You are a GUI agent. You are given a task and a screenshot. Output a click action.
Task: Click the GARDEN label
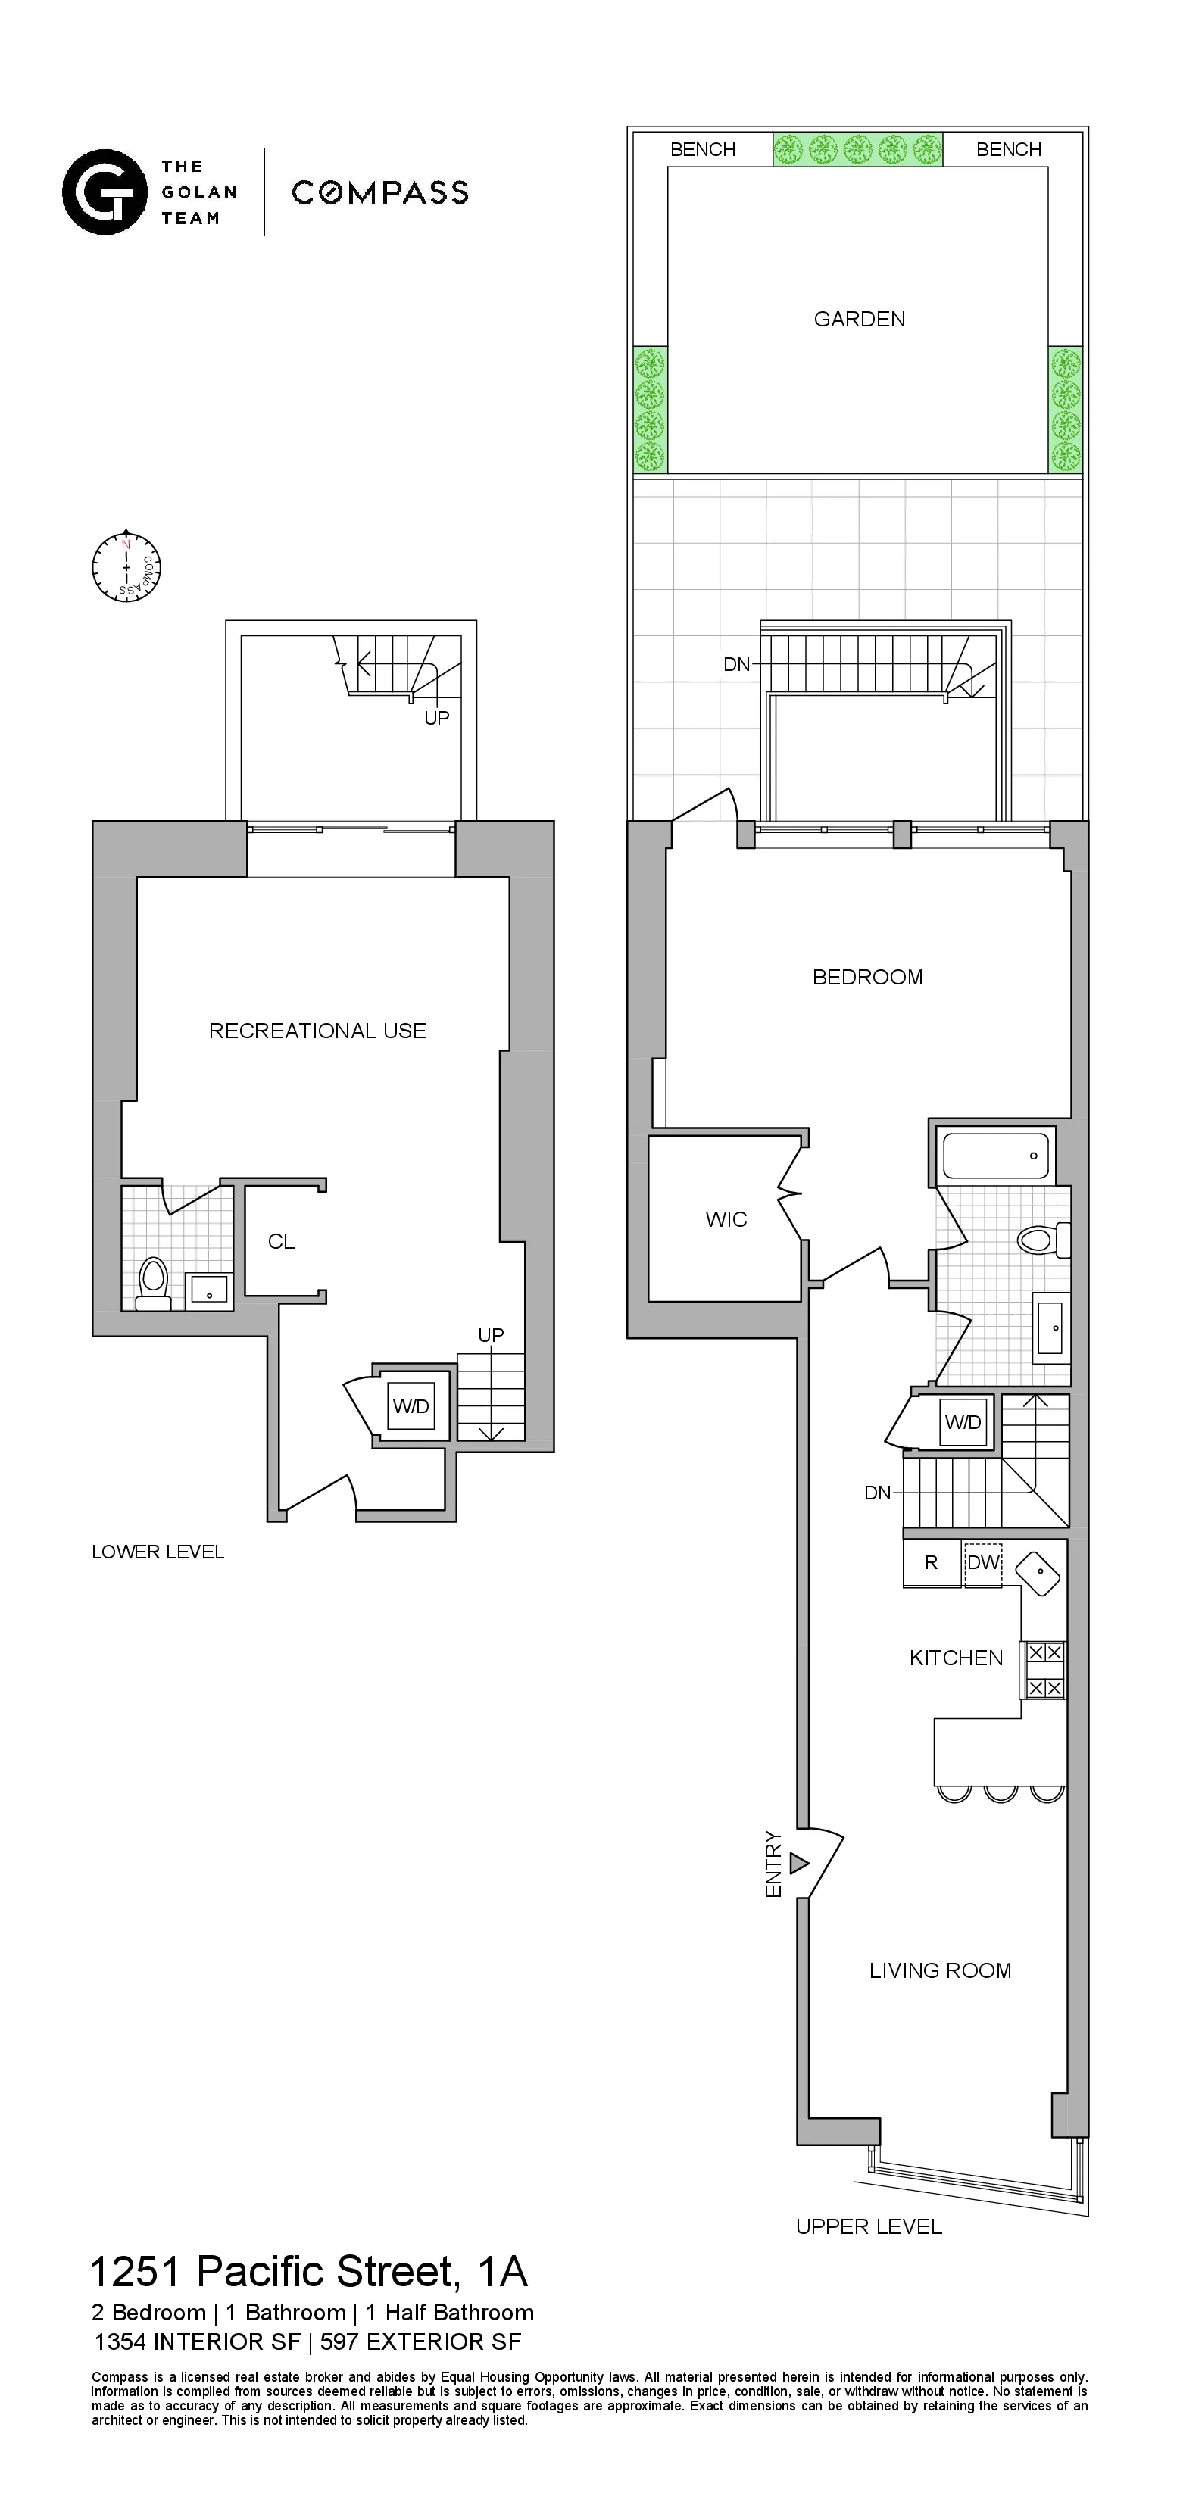tap(859, 319)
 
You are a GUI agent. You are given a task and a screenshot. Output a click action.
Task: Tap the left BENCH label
tap(703, 149)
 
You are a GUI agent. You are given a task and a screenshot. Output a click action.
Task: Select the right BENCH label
tap(1008, 149)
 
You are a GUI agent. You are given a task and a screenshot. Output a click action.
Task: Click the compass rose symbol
tap(126, 566)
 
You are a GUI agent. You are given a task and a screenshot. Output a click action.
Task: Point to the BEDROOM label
tap(866, 977)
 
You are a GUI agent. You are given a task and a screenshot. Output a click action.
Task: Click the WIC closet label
tap(726, 1219)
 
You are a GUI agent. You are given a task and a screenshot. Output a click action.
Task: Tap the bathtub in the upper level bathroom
tap(996, 1156)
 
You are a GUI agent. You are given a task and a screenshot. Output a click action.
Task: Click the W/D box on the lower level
tap(411, 1407)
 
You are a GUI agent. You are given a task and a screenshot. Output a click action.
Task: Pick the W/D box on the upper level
tap(963, 1422)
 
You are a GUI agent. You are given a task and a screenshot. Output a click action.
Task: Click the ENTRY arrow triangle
tap(798, 1864)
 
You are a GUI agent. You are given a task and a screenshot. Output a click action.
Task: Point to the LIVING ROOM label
tap(939, 1970)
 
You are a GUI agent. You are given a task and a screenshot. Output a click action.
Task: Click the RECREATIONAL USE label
tap(317, 1030)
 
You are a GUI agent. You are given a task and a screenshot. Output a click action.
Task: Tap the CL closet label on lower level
tap(282, 1242)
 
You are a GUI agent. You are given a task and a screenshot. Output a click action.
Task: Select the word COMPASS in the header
tap(380, 192)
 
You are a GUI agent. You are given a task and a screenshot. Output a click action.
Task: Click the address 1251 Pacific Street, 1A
tap(308, 2272)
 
